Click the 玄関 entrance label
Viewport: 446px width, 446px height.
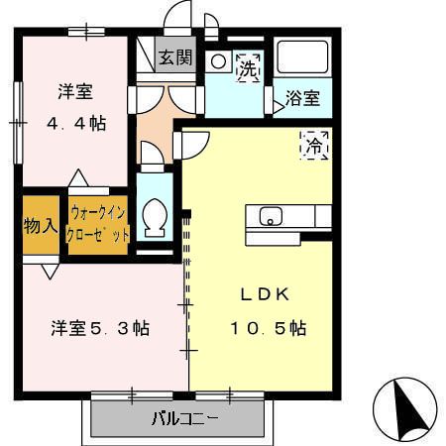pyautogui.click(x=176, y=57)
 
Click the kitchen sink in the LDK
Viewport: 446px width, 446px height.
pyautogui.click(x=270, y=215)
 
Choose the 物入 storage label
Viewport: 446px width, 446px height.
pyautogui.click(x=40, y=225)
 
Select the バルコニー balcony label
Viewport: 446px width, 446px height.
pyautogui.click(x=183, y=417)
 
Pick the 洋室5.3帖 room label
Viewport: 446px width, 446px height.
pyautogui.click(x=100, y=328)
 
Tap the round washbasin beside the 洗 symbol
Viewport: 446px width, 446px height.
pyautogui.click(x=219, y=59)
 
